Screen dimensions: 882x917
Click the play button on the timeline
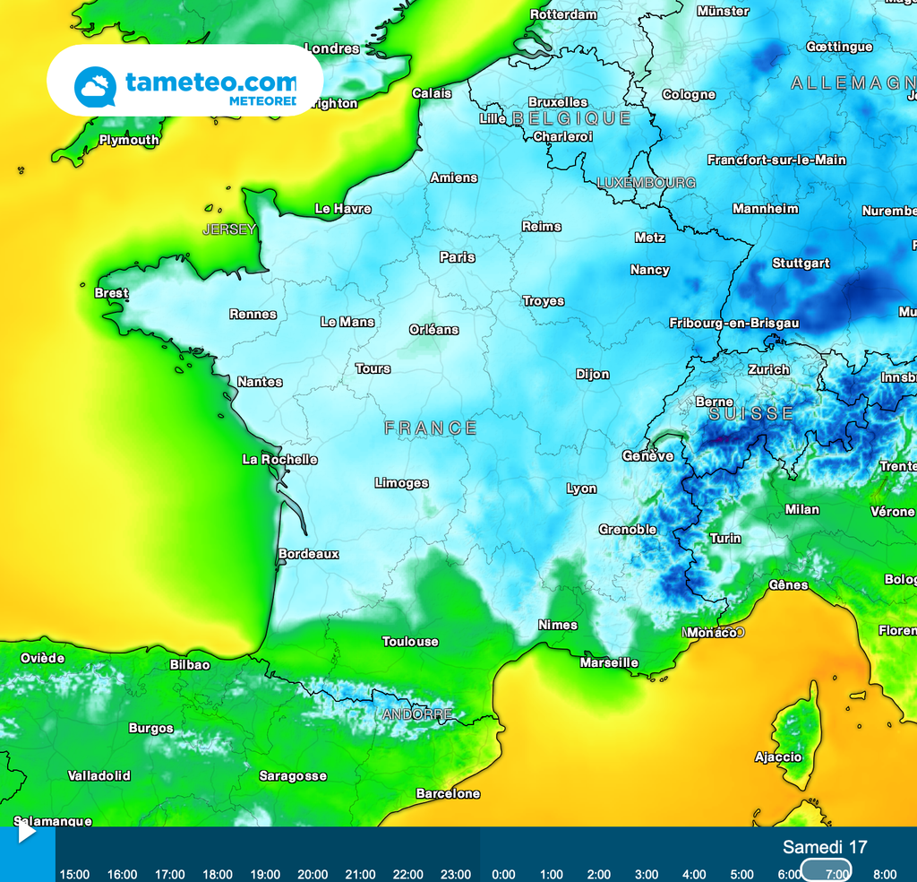pos(26,833)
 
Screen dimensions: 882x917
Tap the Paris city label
pos(457,257)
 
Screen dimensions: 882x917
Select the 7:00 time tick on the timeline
pos(837,874)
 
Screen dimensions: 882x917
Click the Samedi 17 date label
pos(824,847)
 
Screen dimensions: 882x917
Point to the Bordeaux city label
pos(309,554)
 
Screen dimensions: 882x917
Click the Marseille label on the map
pos(609,663)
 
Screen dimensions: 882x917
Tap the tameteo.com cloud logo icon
pos(95,87)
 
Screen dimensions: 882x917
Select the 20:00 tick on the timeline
pos(313,874)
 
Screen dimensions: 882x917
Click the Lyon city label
pos(581,489)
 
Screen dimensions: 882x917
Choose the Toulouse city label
pos(410,642)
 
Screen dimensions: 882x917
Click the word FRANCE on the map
pos(431,428)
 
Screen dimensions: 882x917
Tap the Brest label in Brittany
pos(111,293)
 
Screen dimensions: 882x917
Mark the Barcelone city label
pos(448,794)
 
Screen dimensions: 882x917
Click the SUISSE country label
pos(751,414)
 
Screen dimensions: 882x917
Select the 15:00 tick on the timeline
pos(74,874)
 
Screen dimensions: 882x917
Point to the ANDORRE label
pos(417,714)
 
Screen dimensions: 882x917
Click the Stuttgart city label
pos(801,264)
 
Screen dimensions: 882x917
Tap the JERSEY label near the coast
pos(229,230)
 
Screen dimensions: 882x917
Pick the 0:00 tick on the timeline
pos(503,874)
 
